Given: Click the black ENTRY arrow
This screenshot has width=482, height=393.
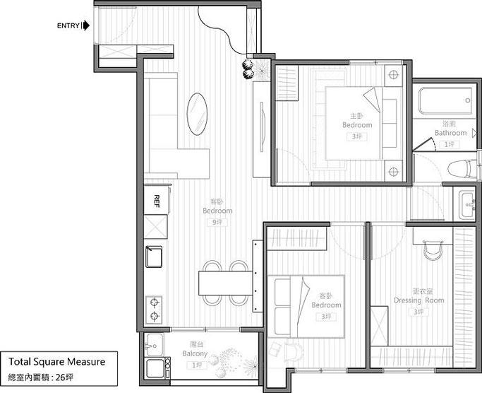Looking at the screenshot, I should coord(85,27).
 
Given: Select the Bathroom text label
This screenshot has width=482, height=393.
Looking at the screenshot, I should coord(450,133).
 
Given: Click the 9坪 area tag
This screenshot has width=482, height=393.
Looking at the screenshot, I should coord(217,222).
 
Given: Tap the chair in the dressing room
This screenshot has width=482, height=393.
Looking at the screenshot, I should coord(430,249).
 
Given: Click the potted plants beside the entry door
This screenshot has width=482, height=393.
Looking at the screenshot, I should coord(248,68).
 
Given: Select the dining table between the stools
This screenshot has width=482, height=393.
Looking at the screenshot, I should coord(226,283).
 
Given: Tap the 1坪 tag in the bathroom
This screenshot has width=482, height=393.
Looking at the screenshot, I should coord(450,143).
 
